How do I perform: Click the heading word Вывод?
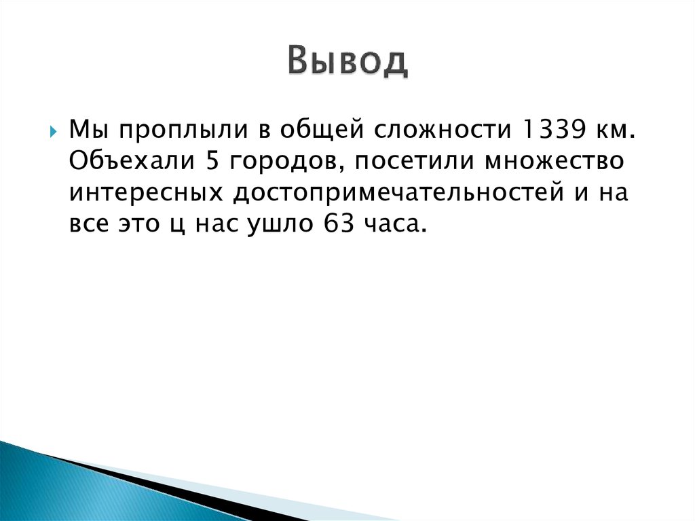(347, 62)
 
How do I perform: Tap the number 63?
(329, 225)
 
